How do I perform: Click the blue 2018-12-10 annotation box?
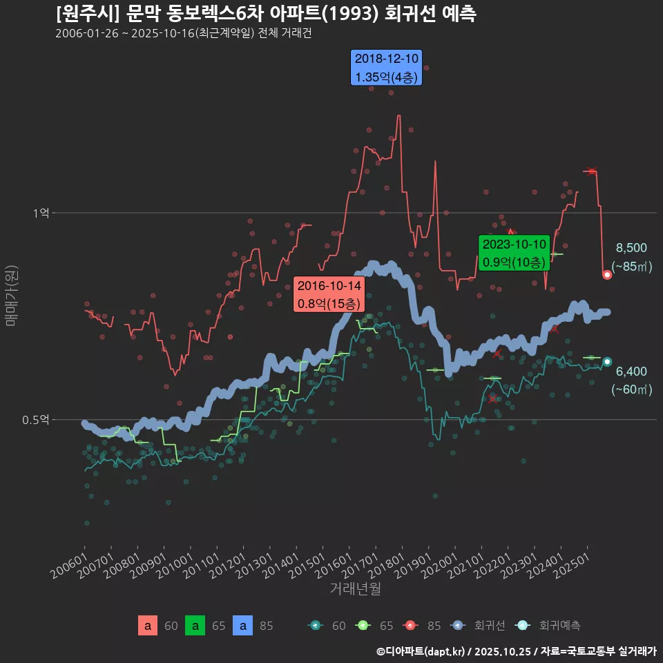coord(386,68)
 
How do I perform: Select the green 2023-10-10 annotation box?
coord(514,253)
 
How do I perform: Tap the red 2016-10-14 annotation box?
coord(329,294)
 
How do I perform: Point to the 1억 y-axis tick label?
coord(41,213)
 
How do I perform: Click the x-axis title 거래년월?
coord(355,588)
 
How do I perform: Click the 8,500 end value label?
coord(631,248)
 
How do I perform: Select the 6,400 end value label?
coord(631,372)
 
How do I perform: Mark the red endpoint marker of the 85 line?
coord(607,275)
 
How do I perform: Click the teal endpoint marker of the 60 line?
coord(607,362)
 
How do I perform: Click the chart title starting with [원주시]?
coord(266,14)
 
